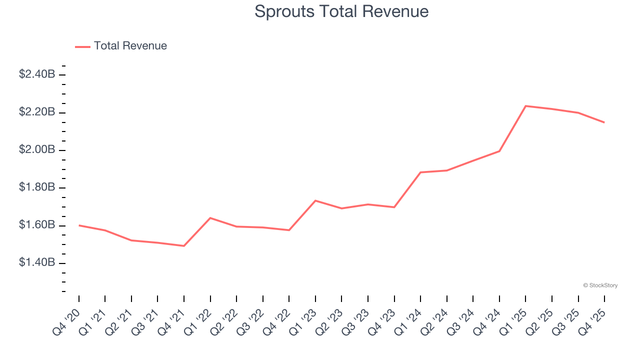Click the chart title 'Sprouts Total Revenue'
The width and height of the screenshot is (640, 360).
click(x=341, y=11)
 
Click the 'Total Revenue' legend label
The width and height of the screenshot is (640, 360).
click(x=130, y=46)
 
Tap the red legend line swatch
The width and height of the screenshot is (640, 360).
click(x=82, y=46)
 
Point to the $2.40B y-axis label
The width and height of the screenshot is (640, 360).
click(x=37, y=74)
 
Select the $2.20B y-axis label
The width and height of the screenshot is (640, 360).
click(x=37, y=112)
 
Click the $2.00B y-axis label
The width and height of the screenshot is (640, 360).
click(x=37, y=150)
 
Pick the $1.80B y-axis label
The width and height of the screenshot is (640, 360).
click(x=37, y=187)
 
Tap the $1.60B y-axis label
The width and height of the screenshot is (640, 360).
click(x=37, y=225)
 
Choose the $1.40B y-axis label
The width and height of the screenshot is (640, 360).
click(x=37, y=263)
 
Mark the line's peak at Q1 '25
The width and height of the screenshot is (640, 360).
click(x=525, y=106)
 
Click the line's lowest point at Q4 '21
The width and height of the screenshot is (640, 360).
click(x=184, y=246)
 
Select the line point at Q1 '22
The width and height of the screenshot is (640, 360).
click(x=210, y=218)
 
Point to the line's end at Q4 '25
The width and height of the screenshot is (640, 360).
click(x=604, y=122)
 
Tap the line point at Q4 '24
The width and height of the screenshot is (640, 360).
click(x=499, y=151)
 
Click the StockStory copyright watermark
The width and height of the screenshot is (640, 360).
click(x=600, y=285)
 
